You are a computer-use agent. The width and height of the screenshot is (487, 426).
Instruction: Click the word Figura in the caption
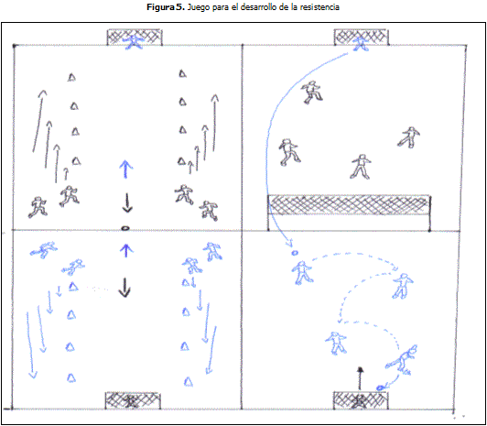(x=160, y=7)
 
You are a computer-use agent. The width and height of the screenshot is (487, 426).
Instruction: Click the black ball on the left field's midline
(x=124, y=228)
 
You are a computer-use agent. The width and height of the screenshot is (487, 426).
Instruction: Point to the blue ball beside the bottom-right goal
(x=380, y=388)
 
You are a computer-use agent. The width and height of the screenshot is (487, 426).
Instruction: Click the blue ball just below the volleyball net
(x=294, y=253)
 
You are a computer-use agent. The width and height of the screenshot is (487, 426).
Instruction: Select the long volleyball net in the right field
(x=350, y=204)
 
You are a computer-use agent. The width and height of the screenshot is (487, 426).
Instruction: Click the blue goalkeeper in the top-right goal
(x=362, y=43)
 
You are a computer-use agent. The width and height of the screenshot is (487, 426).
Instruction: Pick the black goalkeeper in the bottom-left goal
(x=133, y=401)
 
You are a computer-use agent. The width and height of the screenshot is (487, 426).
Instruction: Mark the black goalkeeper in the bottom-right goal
(x=361, y=401)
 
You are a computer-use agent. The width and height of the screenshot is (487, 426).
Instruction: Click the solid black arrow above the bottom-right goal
(x=360, y=378)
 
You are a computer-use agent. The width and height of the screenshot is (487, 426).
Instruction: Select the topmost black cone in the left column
(x=71, y=77)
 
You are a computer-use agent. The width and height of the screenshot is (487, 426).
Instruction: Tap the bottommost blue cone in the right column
(x=189, y=381)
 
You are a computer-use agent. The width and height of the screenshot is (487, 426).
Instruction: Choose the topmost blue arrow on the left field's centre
(x=126, y=169)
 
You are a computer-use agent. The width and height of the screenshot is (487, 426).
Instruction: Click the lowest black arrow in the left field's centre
(x=124, y=288)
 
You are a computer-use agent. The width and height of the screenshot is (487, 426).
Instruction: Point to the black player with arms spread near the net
(x=361, y=167)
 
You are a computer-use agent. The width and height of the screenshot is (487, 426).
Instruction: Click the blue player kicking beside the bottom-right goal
(x=401, y=359)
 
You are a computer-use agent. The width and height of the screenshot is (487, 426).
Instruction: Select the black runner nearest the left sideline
(x=38, y=207)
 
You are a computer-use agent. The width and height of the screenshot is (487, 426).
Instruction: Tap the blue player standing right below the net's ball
(x=302, y=272)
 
